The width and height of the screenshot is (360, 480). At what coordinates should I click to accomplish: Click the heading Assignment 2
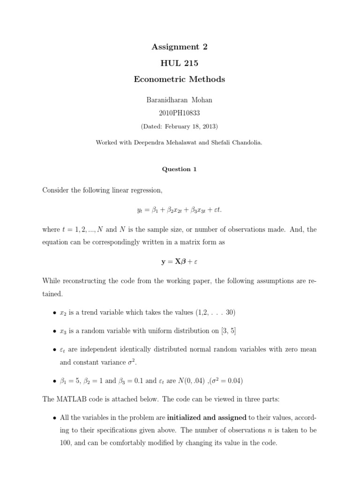(180, 46)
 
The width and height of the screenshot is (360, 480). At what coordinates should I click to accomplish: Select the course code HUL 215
(180, 63)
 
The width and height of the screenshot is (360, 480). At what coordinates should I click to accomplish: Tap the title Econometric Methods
(180, 79)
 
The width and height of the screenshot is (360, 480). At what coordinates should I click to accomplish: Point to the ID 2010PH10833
(180, 113)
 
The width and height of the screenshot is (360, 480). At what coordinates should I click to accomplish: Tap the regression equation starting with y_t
(180, 210)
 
